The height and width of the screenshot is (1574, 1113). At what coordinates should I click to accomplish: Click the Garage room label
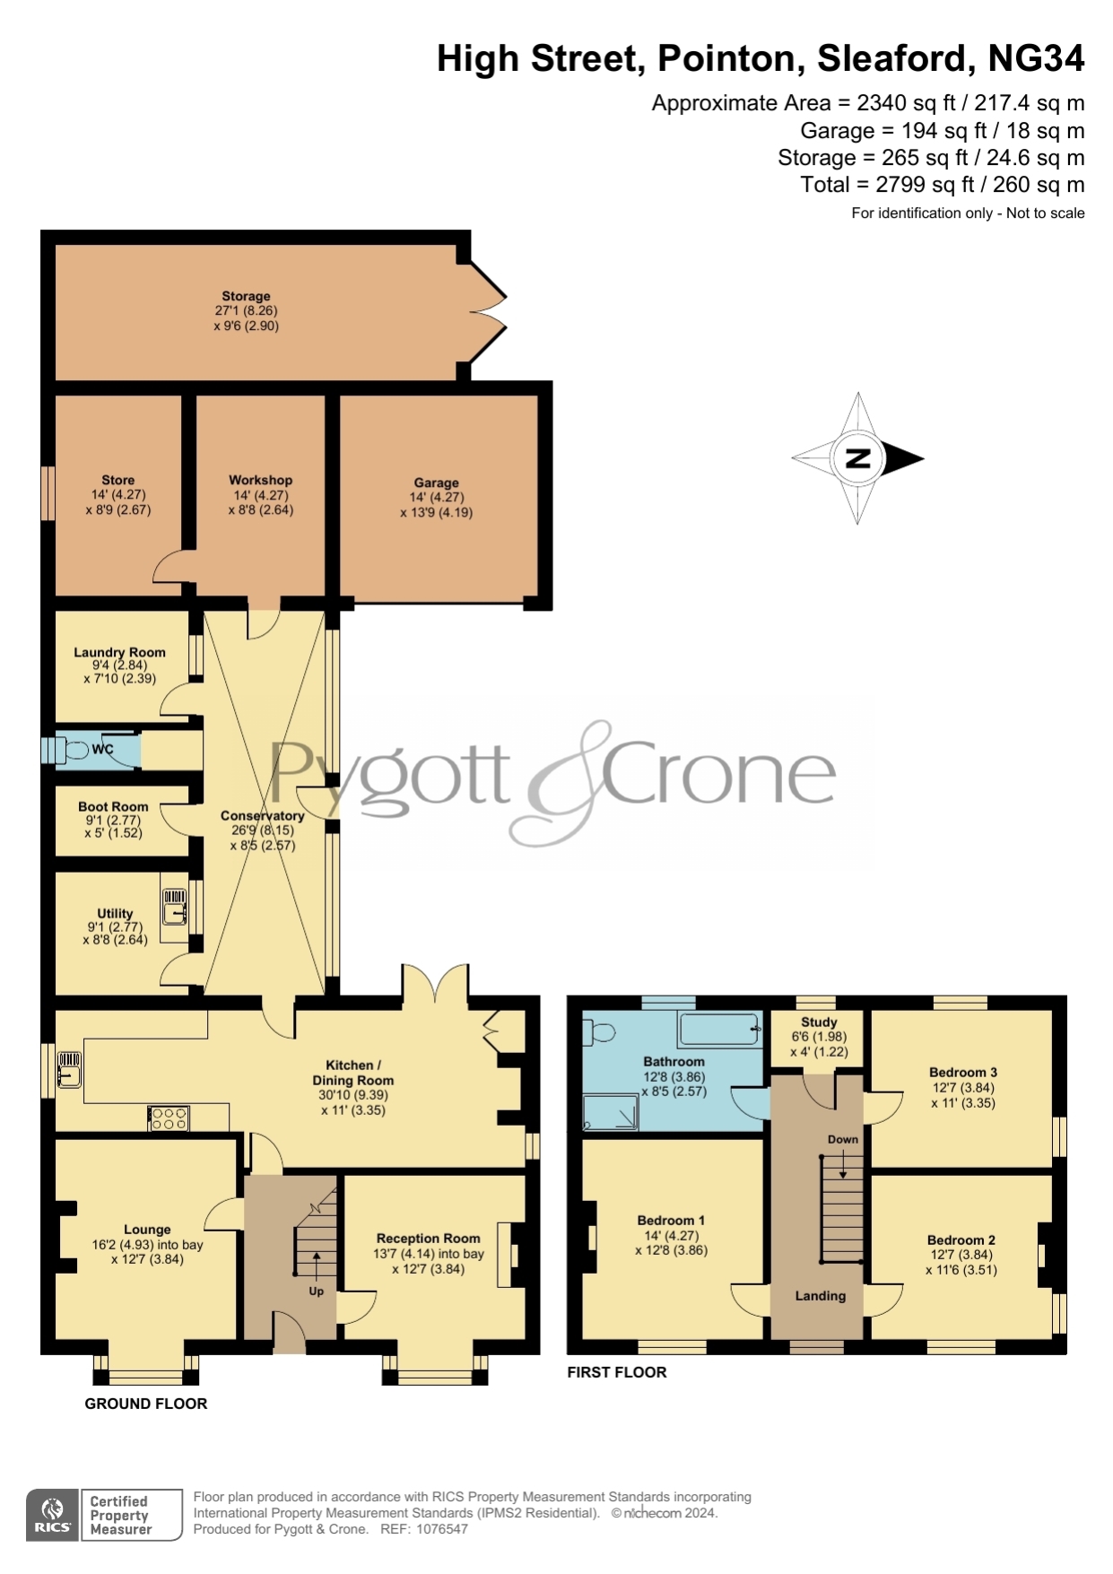[x=436, y=483]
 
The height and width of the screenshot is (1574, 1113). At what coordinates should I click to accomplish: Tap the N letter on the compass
[x=858, y=458]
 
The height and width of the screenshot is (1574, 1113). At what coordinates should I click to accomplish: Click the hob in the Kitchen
[x=169, y=1118]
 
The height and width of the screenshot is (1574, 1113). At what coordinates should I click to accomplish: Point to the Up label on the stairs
[x=316, y=1291]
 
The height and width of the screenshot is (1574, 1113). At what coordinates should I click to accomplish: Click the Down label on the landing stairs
[x=843, y=1139]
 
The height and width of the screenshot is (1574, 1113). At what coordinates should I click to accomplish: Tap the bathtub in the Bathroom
[x=720, y=1030]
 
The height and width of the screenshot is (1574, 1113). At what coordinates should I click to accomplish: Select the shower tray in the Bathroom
[x=611, y=1112]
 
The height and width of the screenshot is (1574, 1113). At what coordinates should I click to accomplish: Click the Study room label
[x=819, y=1022]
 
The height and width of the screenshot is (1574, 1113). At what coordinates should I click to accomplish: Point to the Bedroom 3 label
[x=963, y=1072]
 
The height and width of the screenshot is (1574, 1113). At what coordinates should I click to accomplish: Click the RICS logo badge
[x=53, y=1515]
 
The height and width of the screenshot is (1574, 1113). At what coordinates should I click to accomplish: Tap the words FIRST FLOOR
[x=617, y=1372]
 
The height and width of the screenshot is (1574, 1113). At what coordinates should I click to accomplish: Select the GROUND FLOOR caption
[x=146, y=1404]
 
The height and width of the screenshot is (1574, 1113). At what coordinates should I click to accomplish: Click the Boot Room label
[x=113, y=806]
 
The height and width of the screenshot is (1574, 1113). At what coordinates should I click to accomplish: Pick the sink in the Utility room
[x=174, y=906]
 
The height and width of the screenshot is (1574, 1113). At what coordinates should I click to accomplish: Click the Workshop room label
[x=261, y=480]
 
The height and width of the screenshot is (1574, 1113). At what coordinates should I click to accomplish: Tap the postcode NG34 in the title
[x=1036, y=58]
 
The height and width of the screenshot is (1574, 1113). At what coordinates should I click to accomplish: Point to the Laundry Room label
[x=119, y=652]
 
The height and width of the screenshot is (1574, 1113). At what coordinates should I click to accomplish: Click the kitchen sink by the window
[x=69, y=1070]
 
